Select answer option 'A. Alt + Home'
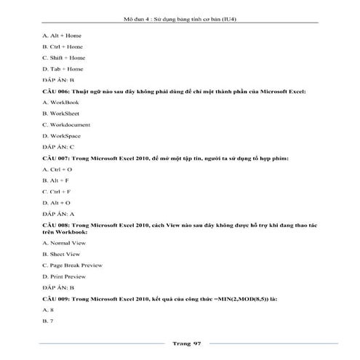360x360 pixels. pyautogui.click(x=63, y=36)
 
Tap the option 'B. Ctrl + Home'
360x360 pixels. pyautogui.click(x=63, y=47)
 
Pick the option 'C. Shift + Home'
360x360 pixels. pyautogui.click(x=64, y=57)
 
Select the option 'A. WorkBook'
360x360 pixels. pyautogui.click(x=61, y=103)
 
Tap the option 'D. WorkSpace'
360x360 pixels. pyautogui.click(x=62, y=135)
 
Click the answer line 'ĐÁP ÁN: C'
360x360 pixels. pyautogui.click(x=59, y=147)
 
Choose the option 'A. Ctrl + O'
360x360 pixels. pyautogui.click(x=57, y=169)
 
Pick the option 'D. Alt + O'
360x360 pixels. pyautogui.click(x=57, y=202)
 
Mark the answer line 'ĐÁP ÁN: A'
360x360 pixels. pyautogui.click(x=59, y=214)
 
